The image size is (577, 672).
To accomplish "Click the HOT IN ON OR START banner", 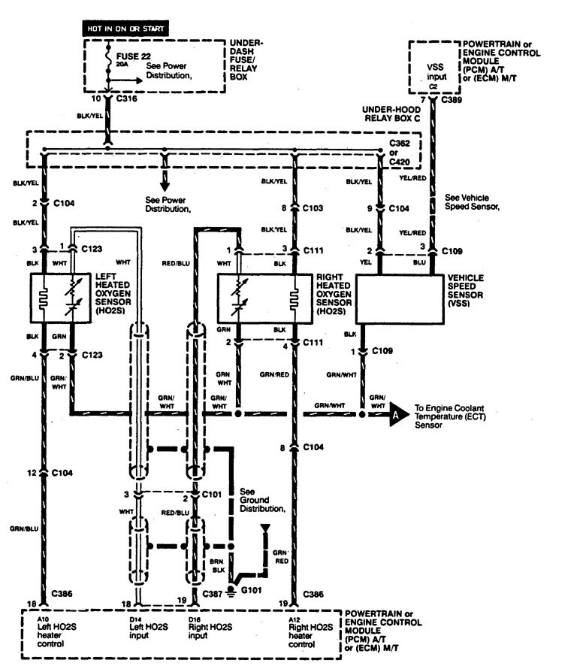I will point(125,29).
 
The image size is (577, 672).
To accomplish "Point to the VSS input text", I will point(435,71).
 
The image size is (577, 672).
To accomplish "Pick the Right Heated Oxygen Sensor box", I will point(262,298).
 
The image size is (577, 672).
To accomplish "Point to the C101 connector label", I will point(212,496).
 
